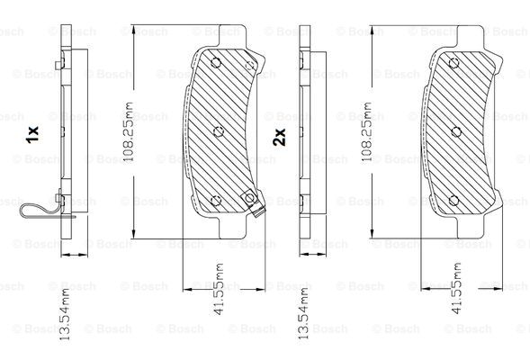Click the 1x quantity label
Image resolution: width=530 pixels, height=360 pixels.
click(32, 134)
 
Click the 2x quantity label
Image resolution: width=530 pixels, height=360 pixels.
click(279, 137)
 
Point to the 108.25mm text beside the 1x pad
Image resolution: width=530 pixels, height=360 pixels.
click(128, 132)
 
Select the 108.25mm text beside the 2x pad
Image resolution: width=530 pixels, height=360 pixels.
click(367, 132)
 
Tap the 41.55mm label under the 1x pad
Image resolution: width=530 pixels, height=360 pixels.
click(219, 289)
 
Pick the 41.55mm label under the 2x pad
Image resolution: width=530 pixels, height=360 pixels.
click(456, 288)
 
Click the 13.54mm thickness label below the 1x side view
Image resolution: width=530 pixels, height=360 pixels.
click(65, 314)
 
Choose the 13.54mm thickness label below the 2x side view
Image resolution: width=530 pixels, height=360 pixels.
click(303, 313)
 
